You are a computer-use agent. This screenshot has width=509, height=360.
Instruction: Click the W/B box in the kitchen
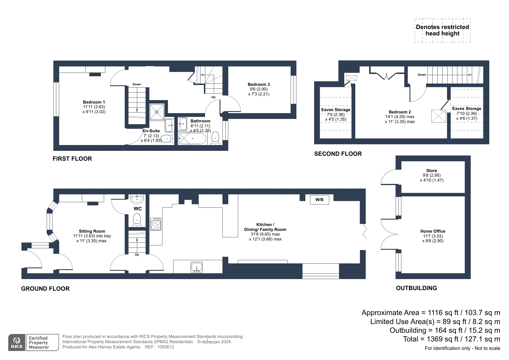[319, 200]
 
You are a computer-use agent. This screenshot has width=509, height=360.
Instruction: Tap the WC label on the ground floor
[138, 209]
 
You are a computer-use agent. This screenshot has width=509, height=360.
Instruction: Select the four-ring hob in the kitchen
[156, 224]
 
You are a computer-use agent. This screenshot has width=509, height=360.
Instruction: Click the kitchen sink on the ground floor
[197, 267]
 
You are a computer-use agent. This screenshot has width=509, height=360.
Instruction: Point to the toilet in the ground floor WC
[137, 220]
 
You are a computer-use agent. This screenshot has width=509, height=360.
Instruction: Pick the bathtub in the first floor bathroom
[192, 139]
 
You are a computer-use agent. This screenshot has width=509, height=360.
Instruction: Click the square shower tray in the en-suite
[157, 112]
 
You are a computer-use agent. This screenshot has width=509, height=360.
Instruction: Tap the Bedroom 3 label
[259, 84]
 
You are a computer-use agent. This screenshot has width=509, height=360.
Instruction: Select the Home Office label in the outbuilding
[433, 231]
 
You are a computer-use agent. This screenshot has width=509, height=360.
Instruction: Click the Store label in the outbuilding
[432, 171]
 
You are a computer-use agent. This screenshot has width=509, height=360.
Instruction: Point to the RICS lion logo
[17, 343]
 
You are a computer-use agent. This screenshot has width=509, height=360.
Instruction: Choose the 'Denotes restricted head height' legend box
[443, 30]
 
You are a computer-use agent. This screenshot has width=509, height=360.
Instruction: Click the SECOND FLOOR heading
[338, 154]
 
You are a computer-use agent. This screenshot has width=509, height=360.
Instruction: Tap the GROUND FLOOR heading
[45, 289]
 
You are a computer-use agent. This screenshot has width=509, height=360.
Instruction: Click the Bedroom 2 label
[400, 112]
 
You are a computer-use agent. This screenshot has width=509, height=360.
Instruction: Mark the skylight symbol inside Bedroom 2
[439, 116]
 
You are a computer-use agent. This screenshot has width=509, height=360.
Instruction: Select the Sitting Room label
[92, 231]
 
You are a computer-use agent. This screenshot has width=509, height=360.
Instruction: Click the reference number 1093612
[166, 347]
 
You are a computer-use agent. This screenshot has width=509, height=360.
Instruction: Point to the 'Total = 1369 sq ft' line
[452, 339]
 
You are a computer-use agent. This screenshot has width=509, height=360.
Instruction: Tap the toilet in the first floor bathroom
[215, 138]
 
